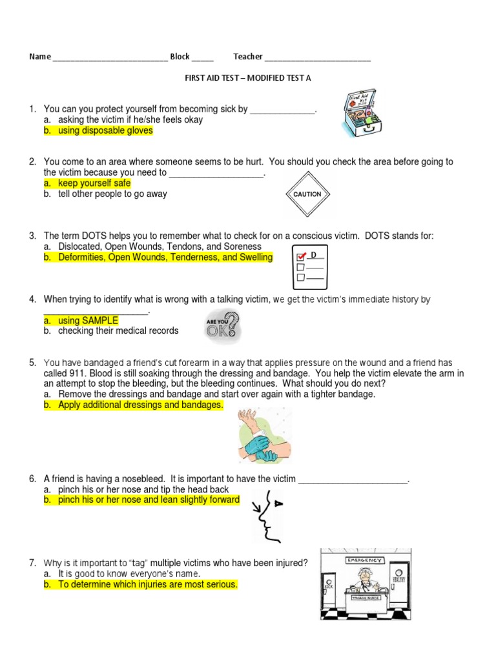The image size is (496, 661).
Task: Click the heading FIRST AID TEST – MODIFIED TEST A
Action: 249,78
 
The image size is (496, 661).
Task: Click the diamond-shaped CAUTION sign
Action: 307,194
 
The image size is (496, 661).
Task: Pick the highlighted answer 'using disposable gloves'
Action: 105,130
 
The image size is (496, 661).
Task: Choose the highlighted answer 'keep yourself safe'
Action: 94,183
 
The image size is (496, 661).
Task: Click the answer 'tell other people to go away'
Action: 112,194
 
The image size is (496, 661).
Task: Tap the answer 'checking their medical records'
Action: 118,330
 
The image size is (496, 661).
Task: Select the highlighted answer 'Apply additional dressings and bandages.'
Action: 140,405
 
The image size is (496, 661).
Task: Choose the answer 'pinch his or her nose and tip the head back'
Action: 143,490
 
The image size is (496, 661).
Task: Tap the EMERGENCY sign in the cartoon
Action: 365,560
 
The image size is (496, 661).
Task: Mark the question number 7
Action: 32,563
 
